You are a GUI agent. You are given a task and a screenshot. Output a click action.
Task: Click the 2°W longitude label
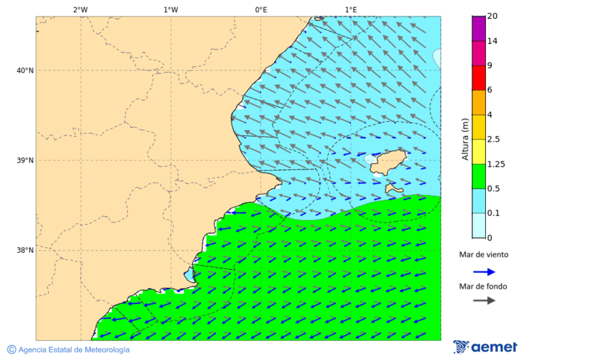pyautogui.click(x=80, y=9)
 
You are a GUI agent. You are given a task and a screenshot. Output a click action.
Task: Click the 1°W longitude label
pyautogui.click(x=171, y=9)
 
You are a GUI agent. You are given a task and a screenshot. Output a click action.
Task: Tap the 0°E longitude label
pyautogui.click(x=261, y=9)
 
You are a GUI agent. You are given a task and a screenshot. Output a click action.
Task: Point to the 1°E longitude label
pyautogui.click(x=351, y=9)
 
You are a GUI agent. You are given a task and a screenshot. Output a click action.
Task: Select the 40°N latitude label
pyautogui.click(x=24, y=70)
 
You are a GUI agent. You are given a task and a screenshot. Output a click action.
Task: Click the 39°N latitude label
pyautogui.click(x=24, y=161)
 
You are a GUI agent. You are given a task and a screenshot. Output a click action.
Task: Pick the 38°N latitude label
pyautogui.click(x=24, y=251)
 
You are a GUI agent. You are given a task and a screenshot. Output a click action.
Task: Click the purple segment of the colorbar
pyautogui.click(x=478, y=28)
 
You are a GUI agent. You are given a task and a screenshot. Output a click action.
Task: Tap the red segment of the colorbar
pyautogui.click(x=478, y=78)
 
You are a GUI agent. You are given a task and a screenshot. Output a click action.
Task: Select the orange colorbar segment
pyautogui.click(x=478, y=102)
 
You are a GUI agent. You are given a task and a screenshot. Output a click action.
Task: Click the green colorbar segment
pyautogui.click(x=478, y=176)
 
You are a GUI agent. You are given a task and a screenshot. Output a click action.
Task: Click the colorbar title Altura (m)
pyautogui.click(x=465, y=139)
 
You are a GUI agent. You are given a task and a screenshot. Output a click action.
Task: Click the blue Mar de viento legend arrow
pyautogui.click(x=484, y=272)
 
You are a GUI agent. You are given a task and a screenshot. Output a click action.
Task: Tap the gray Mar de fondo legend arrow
pyautogui.click(x=484, y=300)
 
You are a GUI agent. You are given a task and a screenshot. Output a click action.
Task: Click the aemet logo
pyautogui.click(x=485, y=347)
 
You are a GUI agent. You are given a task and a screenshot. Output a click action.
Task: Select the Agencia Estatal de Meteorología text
pyautogui.click(x=68, y=349)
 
